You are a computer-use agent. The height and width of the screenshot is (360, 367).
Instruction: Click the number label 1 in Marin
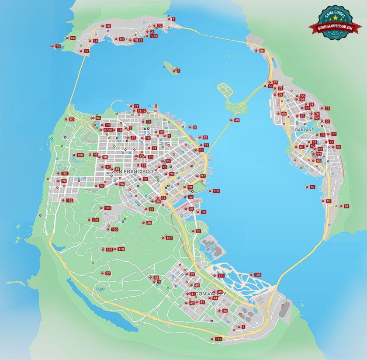click(x=173, y=19)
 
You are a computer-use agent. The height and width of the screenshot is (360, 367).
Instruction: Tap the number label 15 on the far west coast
click(x=58, y=46)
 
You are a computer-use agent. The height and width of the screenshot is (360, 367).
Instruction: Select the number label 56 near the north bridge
click(x=262, y=51)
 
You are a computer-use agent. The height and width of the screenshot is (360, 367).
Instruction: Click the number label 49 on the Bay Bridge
click(x=237, y=120)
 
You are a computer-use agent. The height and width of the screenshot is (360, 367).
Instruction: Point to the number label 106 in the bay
click(x=216, y=191)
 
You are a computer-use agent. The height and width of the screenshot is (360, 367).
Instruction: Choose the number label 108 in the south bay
click(x=258, y=275)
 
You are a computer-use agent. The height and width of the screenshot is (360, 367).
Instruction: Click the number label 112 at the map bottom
click(x=218, y=339)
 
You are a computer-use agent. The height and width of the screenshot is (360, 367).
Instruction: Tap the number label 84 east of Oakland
click(x=346, y=206)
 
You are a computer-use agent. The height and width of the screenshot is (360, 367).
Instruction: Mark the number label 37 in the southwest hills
click(x=108, y=273)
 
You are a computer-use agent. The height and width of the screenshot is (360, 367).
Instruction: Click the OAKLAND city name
click(x=305, y=130)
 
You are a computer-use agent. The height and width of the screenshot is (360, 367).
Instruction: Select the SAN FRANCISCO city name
click(x=132, y=172)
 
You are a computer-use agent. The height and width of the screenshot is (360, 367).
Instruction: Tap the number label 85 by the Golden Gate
click(x=72, y=119)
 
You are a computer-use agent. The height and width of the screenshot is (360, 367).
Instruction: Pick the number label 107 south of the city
click(x=170, y=238)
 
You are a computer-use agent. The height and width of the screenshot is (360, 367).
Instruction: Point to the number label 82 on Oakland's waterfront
click(x=312, y=187)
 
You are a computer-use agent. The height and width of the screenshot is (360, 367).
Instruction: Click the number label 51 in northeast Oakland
click(x=327, y=108)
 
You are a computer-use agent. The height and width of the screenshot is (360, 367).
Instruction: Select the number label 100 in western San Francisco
click(x=80, y=155)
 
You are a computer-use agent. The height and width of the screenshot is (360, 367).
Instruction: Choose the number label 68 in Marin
click(x=108, y=26)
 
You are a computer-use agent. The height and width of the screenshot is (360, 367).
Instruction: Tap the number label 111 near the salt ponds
click(x=221, y=276)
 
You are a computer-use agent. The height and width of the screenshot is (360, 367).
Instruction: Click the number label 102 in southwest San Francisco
click(x=69, y=201)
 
